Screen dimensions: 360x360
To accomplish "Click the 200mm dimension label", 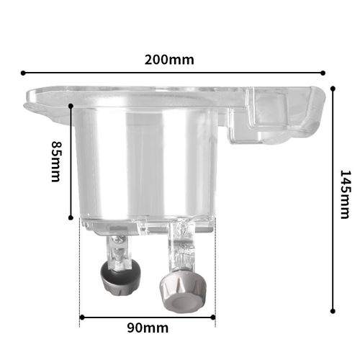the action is [x=169, y=60].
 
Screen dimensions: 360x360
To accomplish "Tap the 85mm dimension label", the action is [x=57, y=161].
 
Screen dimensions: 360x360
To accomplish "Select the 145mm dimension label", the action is [x=346, y=194].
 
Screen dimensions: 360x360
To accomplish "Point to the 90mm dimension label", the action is [x=148, y=328].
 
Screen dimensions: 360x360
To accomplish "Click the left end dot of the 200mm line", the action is [x=23, y=73].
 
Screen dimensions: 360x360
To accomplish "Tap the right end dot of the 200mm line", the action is [x=323, y=73].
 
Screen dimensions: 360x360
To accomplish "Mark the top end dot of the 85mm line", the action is [x=71, y=106].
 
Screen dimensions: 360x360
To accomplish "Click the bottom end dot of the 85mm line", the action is [x=71, y=217].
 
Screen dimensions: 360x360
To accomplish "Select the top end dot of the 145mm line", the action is [x=333, y=89].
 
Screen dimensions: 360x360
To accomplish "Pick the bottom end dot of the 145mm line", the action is [x=333, y=311].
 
